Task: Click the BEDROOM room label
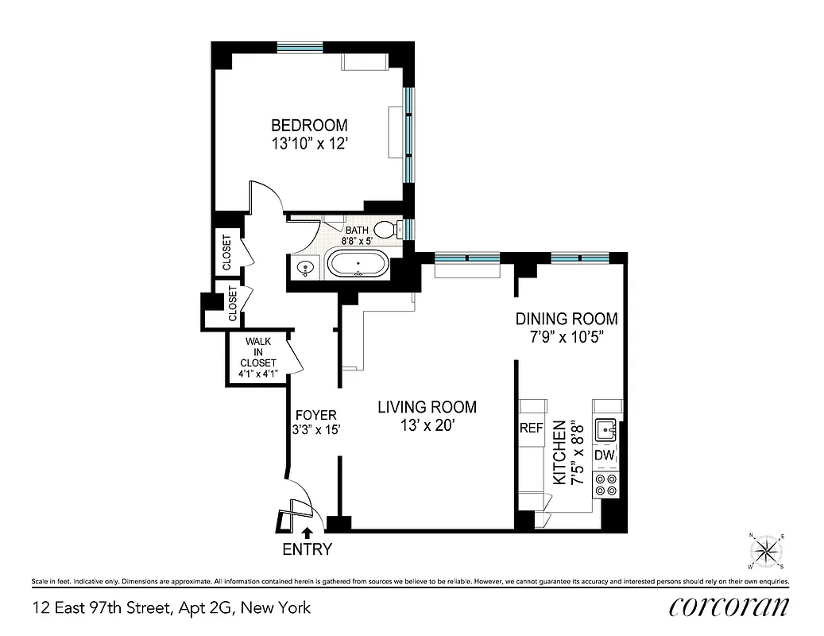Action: click(x=309, y=126)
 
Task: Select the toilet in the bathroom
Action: click(x=387, y=230)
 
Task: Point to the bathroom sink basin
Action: click(x=304, y=270)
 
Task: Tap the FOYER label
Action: click(x=315, y=415)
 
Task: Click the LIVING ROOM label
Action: click(x=427, y=407)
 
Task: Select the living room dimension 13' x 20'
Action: click(x=427, y=426)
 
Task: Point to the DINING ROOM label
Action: click(x=566, y=319)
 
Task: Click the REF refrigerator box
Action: click(x=531, y=428)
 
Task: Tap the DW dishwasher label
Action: click(x=604, y=455)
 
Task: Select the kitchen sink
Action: click(x=609, y=429)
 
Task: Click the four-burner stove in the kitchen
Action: click(x=605, y=485)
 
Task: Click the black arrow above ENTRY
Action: click(x=306, y=533)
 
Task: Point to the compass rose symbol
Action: click(x=767, y=550)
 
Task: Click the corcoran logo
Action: click(x=729, y=607)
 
